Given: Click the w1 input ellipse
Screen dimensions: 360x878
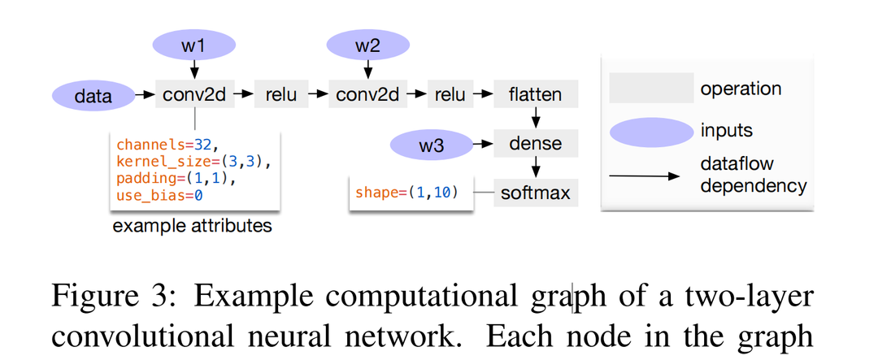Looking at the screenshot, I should point(193,45).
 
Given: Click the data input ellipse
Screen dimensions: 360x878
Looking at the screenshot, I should point(93,95).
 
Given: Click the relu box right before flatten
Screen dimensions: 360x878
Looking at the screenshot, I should point(450,94).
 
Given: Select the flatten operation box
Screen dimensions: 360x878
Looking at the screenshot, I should point(535,94).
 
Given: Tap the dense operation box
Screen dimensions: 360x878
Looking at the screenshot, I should point(535,144).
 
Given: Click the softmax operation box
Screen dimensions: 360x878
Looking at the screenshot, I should point(535,193).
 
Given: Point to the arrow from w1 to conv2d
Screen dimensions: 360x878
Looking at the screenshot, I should point(193,70).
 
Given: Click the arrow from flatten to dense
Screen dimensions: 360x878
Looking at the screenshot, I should point(535,119).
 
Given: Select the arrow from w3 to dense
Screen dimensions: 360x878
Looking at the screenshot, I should point(484,145).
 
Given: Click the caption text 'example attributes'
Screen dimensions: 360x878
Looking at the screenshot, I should point(192,225).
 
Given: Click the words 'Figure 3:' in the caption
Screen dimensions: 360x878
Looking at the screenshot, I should point(102,297).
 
